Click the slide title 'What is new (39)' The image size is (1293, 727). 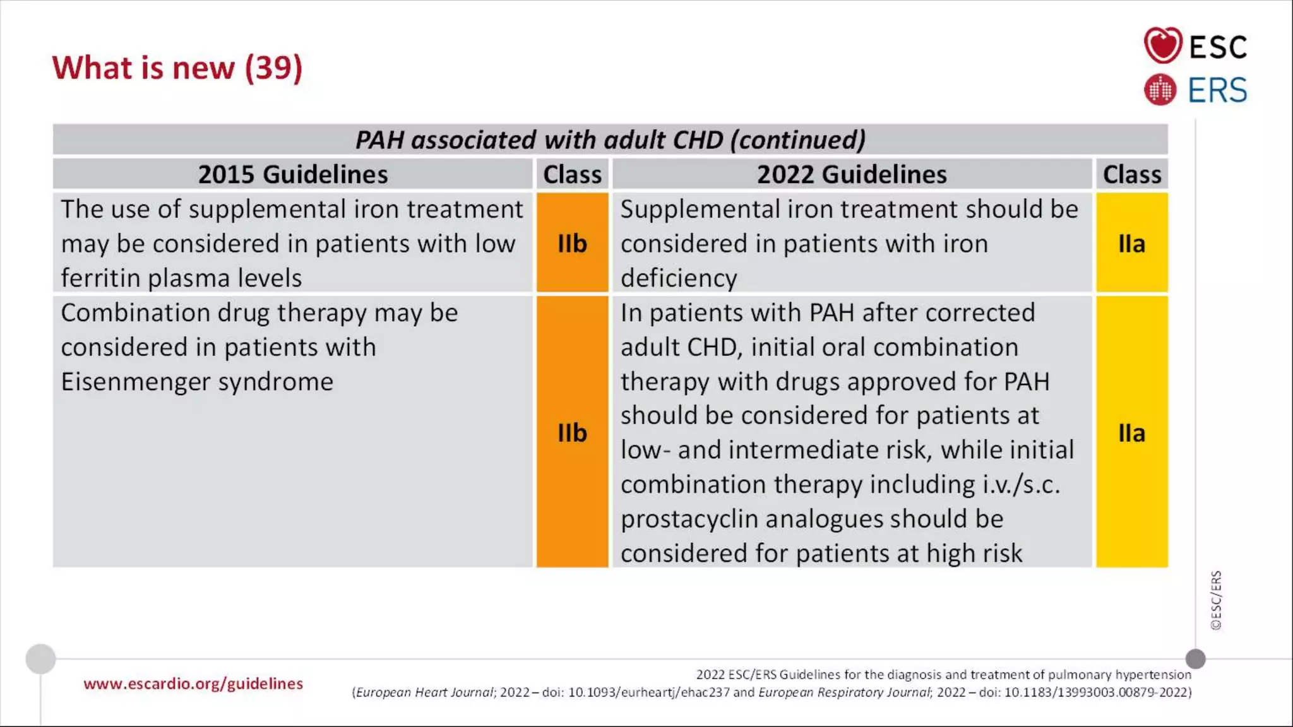[177, 68]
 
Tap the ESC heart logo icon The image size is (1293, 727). [1162, 45]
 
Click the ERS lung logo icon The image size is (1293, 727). [1160, 90]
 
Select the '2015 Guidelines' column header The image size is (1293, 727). [293, 174]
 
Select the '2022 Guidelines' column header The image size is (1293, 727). [852, 174]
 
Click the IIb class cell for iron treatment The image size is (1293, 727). [572, 244]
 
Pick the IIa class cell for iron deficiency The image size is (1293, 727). [1131, 244]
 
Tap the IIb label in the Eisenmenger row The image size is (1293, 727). [572, 433]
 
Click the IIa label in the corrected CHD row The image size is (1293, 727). [1131, 433]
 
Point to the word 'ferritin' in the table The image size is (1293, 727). [100, 278]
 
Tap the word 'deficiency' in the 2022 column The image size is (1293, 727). [679, 278]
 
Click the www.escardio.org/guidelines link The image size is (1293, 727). [193, 683]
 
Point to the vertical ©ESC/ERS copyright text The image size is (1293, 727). [1216, 600]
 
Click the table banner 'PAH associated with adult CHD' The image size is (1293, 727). [610, 139]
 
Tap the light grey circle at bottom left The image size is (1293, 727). [40, 659]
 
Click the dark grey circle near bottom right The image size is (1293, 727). [1195, 659]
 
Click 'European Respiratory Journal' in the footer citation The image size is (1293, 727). [844, 692]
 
